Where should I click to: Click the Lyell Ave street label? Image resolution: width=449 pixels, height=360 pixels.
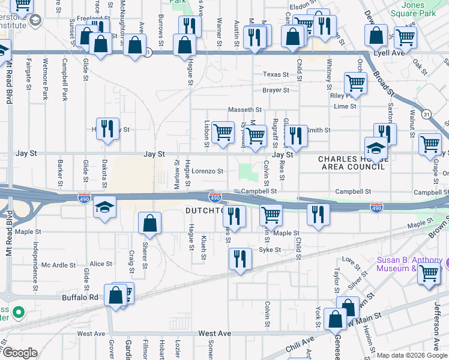tap(431, 53)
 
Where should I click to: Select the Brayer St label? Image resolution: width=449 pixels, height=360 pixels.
tap(276, 90)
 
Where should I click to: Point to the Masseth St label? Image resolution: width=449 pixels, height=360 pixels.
tap(245, 110)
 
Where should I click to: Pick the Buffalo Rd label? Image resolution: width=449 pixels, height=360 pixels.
tap(80, 297)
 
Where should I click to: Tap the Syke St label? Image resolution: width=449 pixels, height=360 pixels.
tap(270, 250)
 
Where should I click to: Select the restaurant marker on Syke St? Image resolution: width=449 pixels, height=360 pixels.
tap(240, 259)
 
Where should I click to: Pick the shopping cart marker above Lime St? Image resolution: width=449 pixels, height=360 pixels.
tap(355, 83)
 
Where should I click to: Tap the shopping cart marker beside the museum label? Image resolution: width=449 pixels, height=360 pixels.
tap(429, 274)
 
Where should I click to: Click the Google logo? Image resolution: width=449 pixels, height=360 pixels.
tap(19, 352)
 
